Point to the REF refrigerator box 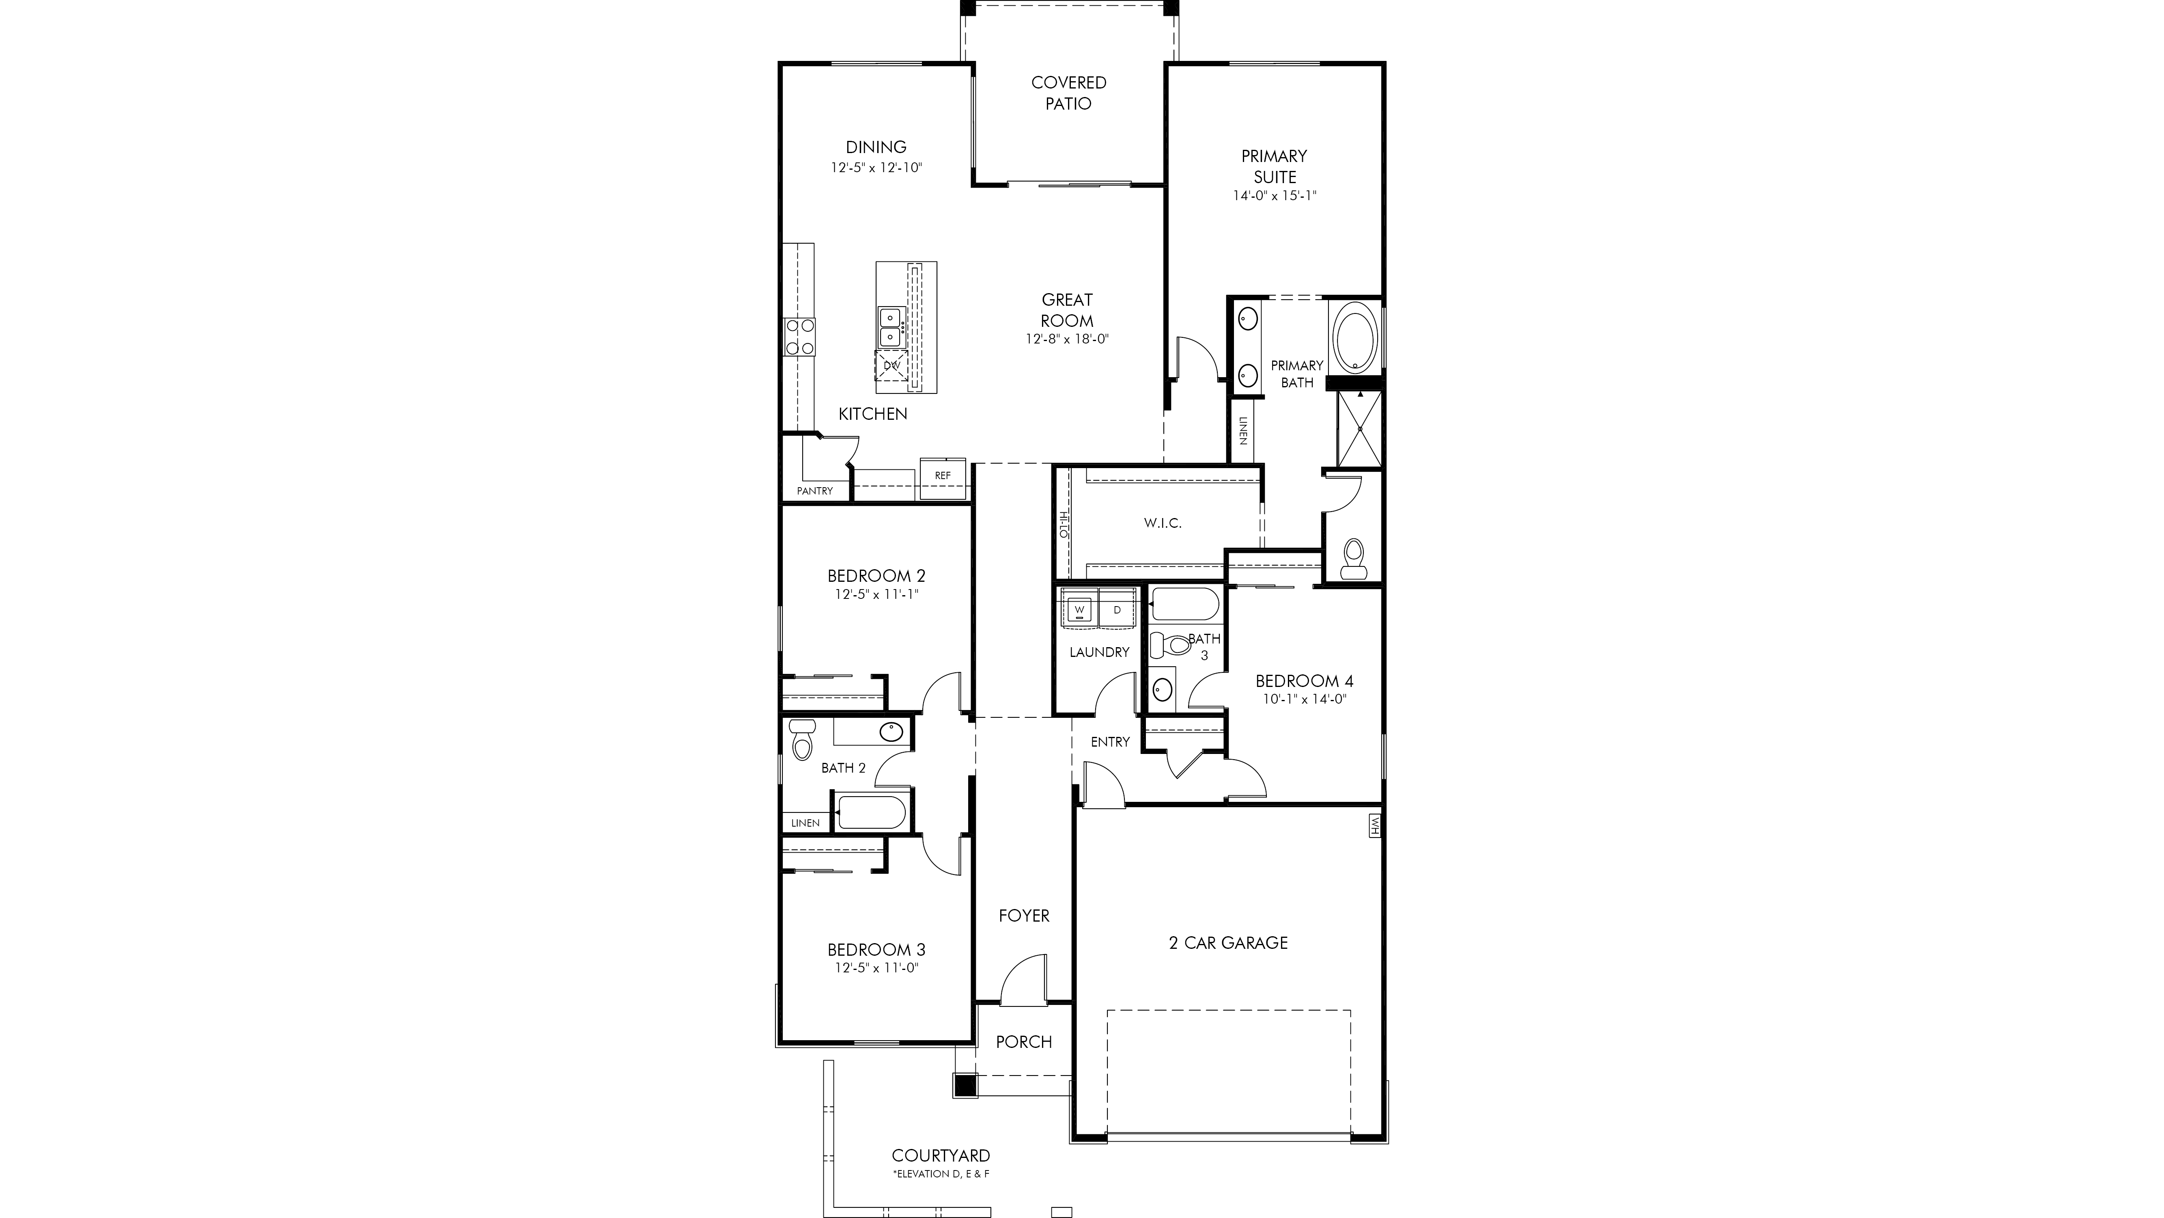tap(943, 476)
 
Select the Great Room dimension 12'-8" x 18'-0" tap(1067, 339)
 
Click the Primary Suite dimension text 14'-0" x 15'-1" tap(1275, 196)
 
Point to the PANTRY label tap(815, 491)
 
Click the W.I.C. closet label tap(1163, 523)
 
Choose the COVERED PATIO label tap(1068, 93)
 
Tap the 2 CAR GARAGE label tap(1228, 943)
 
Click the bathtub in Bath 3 tap(1184, 604)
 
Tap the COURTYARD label tap(941, 1156)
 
